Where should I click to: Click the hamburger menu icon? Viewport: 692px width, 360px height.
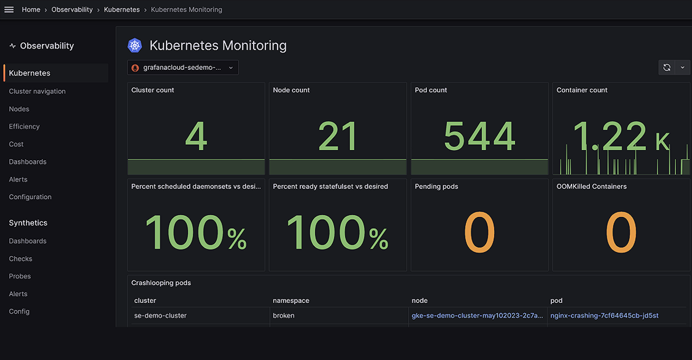[9, 10]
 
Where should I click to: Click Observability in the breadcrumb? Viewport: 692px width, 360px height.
[72, 10]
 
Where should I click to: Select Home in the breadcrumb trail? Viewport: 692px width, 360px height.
[31, 10]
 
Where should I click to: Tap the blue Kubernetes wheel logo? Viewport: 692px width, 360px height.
[135, 46]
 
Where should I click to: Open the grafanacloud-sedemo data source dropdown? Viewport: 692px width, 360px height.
[183, 67]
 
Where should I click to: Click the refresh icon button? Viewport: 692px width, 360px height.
[667, 67]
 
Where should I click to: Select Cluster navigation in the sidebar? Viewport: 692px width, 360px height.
[37, 91]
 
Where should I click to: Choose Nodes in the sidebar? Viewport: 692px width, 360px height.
[19, 109]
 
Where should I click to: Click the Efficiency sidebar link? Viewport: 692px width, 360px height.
[24, 126]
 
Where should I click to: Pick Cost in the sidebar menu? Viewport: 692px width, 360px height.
[16, 144]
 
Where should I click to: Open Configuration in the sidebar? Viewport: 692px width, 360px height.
[30, 197]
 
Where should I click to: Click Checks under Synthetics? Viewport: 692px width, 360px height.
[20, 258]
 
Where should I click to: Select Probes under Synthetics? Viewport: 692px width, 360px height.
[20, 276]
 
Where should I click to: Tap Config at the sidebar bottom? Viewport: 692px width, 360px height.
[19, 312]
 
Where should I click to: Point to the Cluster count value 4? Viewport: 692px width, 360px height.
[196, 136]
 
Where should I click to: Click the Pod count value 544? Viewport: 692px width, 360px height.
[479, 136]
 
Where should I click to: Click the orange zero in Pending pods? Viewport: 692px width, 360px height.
[479, 232]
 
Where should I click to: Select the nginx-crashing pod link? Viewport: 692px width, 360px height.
[604, 316]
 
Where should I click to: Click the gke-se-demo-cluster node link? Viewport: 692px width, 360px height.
[477, 316]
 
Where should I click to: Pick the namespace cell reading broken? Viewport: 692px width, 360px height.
[284, 316]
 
